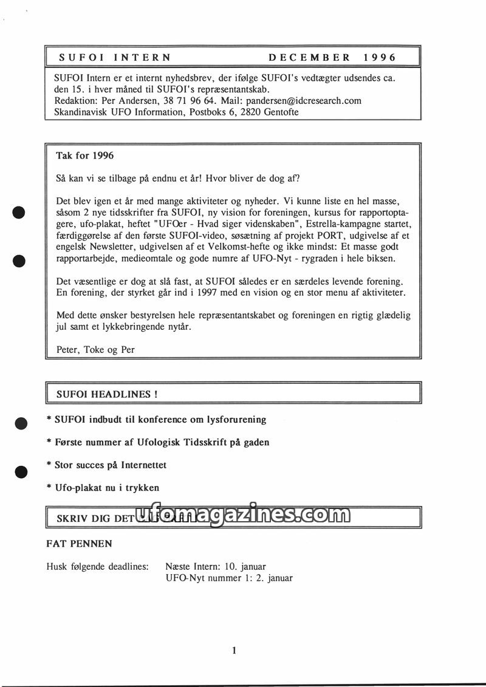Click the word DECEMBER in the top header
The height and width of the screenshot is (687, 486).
[x=309, y=58]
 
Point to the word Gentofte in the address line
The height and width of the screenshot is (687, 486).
[x=282, y=112]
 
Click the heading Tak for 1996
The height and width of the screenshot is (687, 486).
[x=85, y=156]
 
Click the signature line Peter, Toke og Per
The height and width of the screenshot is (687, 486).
[x=95, y=349]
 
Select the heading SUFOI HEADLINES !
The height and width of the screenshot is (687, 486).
[x=107, y=394]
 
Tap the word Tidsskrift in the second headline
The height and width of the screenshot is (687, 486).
[x=205, y=442]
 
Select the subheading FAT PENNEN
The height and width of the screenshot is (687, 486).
[x=80, y=543]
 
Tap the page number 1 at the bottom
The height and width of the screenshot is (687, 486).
[x=234, y=651]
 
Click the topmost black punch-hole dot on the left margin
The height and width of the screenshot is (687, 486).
[x=20, y=212]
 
